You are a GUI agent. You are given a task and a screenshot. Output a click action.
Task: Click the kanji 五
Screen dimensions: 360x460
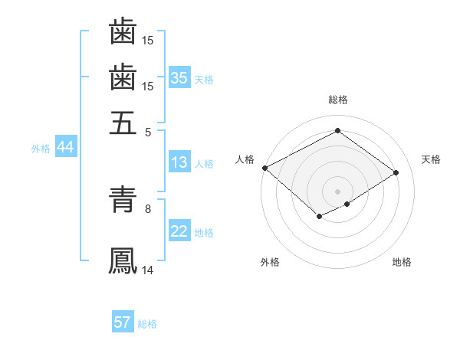click(123, 122)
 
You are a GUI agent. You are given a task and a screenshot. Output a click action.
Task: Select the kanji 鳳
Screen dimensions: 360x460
click(123, 261)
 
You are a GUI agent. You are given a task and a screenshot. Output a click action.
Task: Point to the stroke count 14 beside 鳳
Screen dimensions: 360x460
click(148, 270)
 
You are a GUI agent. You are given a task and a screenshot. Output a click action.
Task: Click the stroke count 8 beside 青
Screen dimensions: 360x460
click(148, 208)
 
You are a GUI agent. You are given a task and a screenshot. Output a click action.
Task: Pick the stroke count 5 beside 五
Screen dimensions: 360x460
click(148, 131)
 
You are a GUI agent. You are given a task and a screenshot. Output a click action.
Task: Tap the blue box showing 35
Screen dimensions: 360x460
click(179, 77)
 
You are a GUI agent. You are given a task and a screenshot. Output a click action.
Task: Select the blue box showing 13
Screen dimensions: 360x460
click(179, 162)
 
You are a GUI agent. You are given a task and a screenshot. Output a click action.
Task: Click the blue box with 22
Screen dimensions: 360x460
click(179, 231)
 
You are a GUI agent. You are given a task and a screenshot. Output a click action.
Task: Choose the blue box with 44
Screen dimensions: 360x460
click(65, 147)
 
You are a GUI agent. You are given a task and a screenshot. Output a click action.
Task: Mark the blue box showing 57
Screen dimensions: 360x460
click(123, 322)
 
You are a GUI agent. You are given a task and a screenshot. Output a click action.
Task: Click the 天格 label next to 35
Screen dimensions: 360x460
click(204, 79)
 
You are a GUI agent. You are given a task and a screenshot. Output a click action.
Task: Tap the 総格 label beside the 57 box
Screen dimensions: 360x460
click(147, 324)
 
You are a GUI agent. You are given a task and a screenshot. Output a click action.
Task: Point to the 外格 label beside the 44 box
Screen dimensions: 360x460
click(41, 149)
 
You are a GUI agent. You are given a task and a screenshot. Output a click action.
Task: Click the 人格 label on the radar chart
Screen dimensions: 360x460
click(245, 159)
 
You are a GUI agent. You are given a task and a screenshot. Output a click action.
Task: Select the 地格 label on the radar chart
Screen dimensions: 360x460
click(402, 262)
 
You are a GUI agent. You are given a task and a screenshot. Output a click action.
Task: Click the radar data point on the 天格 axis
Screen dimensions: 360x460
click(396, 173)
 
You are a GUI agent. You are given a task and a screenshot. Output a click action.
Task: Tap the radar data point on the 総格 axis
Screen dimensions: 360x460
click(337, 131)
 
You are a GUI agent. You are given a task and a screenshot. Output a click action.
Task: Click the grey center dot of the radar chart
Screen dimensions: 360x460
click(337, 191)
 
